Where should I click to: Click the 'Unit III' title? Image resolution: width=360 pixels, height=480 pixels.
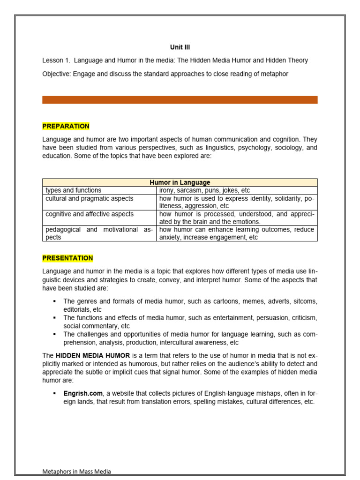click(x=180, y=47)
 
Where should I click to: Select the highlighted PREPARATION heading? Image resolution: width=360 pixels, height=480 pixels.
click(x=66, y=126)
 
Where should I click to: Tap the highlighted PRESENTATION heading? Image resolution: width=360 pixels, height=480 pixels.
click(x=67, y=258)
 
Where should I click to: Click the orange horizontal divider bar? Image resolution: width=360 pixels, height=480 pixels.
click(x=180, y=100)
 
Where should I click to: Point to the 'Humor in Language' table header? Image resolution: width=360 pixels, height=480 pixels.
click(x=180, y=182)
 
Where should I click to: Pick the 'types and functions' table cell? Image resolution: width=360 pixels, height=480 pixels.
click(x=73, y=190)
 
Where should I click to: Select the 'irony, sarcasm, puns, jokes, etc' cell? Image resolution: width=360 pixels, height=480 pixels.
click(x=204, y=190)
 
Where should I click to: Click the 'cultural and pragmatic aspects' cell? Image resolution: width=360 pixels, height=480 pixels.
click(x=89, y=198)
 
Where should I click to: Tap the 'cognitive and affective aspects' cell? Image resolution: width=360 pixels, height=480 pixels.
click(x=89, y=214)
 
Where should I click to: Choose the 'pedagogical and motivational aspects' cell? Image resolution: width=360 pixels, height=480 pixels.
click(x=99, y=233)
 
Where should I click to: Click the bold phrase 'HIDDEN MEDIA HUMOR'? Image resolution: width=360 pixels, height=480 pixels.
click(x=92, y=356)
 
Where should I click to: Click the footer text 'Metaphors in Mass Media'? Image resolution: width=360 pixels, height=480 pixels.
click(x=76, y=472)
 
